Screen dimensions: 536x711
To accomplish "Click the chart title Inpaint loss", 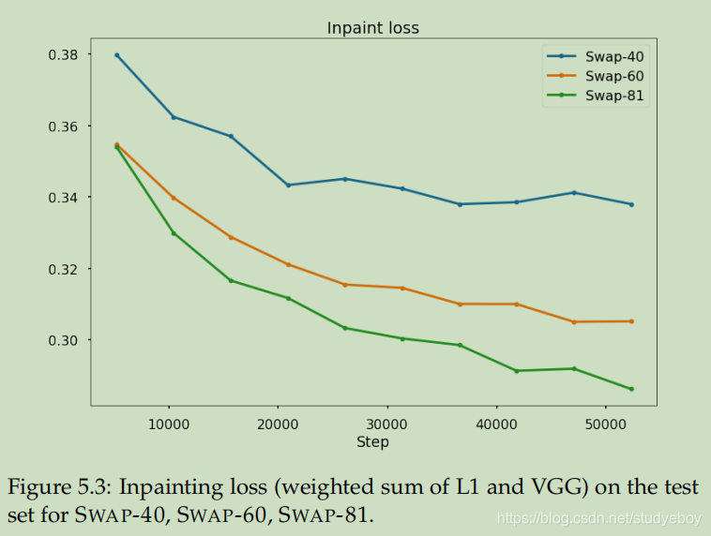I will tap(372, 28).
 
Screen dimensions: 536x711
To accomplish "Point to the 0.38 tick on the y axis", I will tap(64, 54).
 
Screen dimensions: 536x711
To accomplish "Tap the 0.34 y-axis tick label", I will tap(64, 198).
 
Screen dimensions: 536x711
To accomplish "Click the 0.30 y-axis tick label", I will tap(64, 340).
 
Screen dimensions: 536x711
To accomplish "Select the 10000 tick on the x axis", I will tap(169, 424).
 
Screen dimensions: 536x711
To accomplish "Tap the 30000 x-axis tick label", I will tap(386, 424).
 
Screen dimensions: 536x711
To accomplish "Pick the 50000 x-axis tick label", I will tap(604, 424).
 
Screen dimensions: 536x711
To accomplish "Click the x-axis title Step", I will tap(372, 441).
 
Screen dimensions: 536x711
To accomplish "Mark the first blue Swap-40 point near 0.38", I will tap(117, 55).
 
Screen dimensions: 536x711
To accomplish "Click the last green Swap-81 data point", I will tap(631, 389).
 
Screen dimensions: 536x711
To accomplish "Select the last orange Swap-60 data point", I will tap(631, 321).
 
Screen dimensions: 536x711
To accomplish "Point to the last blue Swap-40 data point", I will tap(631, 204).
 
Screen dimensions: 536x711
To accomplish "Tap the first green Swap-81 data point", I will tap(117, 147).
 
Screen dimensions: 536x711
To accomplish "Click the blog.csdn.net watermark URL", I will tap(601, 517).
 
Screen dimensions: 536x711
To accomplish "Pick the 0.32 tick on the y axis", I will tap(64, 269).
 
